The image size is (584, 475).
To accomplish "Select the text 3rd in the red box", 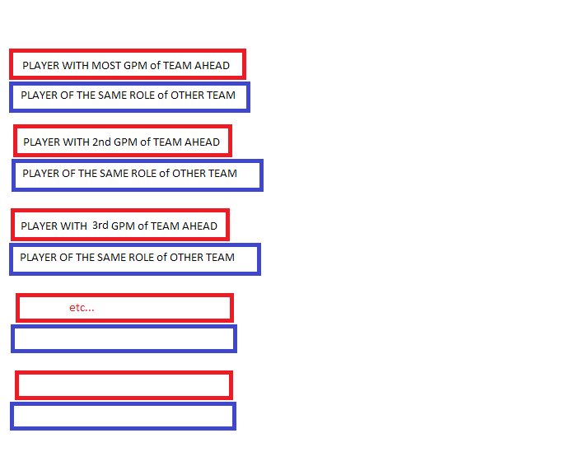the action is point(100,226).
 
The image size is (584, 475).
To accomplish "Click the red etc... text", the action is point(82,308).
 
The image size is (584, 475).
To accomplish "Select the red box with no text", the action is point(124,384).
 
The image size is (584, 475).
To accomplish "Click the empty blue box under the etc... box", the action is point(124,338).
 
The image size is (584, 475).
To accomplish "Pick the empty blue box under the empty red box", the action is point(123,416).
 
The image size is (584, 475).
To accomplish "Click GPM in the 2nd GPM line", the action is point(126,142).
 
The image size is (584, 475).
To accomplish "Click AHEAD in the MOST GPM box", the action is point(213,65).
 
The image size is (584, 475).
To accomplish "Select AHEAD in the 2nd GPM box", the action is point(203,142).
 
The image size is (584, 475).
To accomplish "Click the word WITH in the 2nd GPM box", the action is point(77,142).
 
